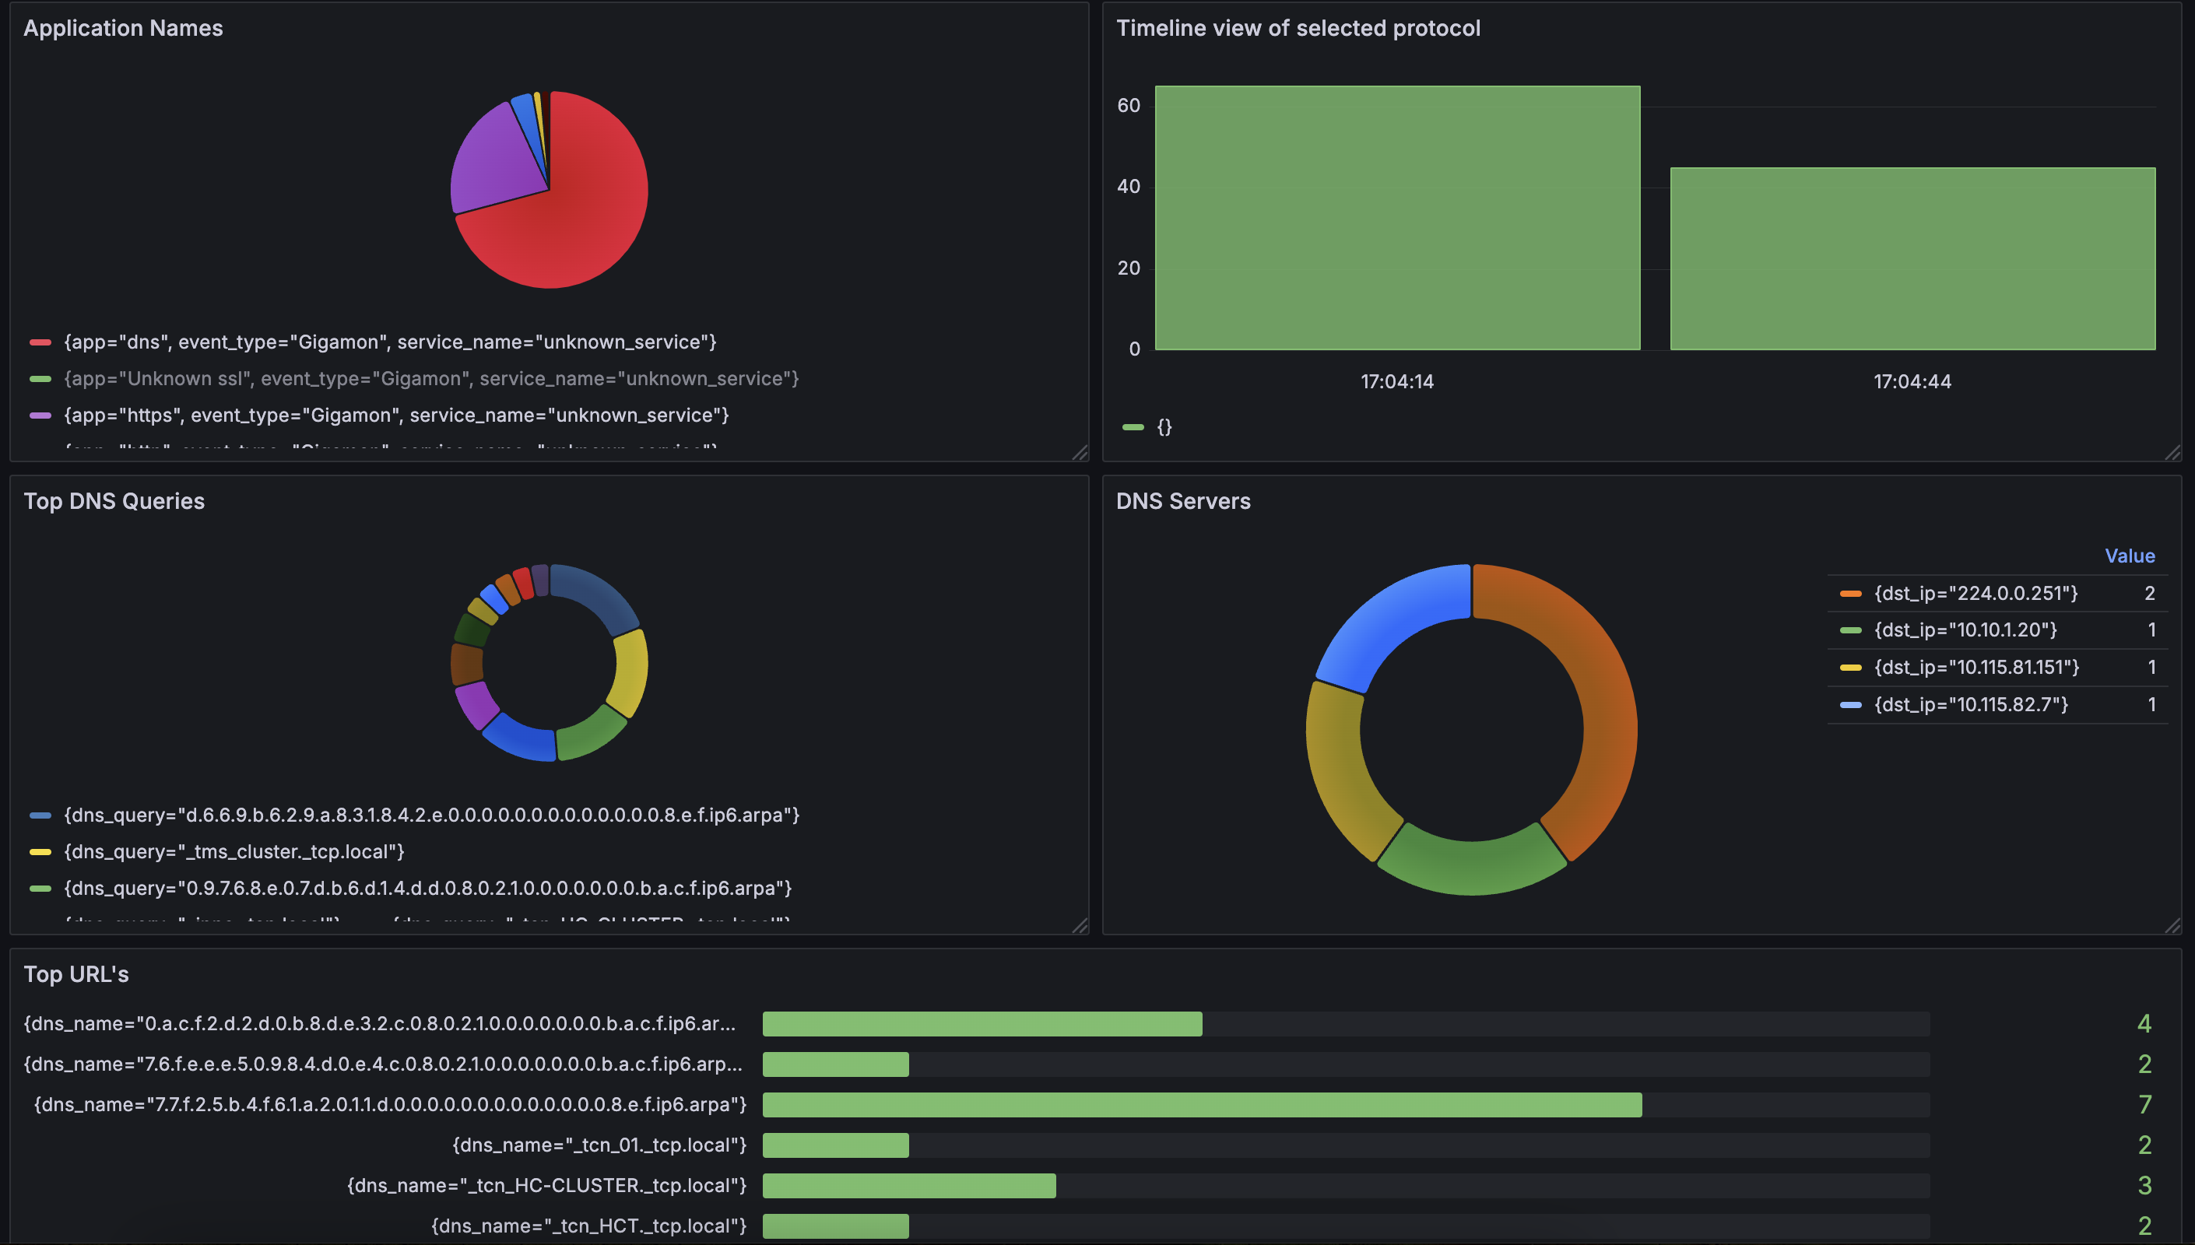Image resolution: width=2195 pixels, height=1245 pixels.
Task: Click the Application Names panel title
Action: [123, 28]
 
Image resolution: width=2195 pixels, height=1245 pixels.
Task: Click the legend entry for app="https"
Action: [396, 416]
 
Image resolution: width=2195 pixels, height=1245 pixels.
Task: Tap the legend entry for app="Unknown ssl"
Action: [431, 379]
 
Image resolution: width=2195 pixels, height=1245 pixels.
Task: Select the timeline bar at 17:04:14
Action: [1397, 218]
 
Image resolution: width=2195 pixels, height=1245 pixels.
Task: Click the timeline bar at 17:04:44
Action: [1912, 258]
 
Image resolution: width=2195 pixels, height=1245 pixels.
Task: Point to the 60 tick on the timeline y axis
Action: [1129, 105]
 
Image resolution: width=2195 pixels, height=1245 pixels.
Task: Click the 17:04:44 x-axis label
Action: [1912, 381]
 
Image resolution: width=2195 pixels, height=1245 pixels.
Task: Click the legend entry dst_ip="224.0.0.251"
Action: [1975, 594]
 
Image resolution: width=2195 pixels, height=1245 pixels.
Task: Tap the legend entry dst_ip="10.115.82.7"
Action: [1970, 704]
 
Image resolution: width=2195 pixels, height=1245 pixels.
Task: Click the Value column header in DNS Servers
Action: [2129, 556]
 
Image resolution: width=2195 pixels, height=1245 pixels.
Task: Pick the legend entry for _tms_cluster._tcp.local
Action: [234, 852]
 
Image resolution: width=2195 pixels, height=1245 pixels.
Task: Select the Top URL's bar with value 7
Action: [1201, 1105]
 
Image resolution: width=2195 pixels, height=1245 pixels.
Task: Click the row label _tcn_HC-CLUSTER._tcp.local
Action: [546, 1185]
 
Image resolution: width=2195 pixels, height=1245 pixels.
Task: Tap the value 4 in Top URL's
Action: [2144, 1023]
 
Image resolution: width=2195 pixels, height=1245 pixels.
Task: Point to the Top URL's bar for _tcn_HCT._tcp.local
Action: [835, 1226]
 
